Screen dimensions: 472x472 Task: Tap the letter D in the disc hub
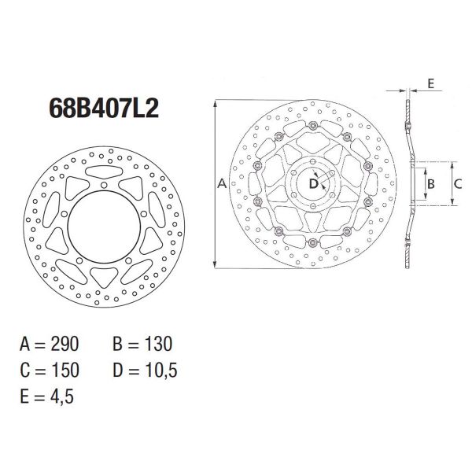313,184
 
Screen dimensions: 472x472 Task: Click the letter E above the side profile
432,82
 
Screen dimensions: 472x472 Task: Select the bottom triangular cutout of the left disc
100,275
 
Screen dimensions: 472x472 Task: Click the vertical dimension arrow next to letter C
452,183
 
